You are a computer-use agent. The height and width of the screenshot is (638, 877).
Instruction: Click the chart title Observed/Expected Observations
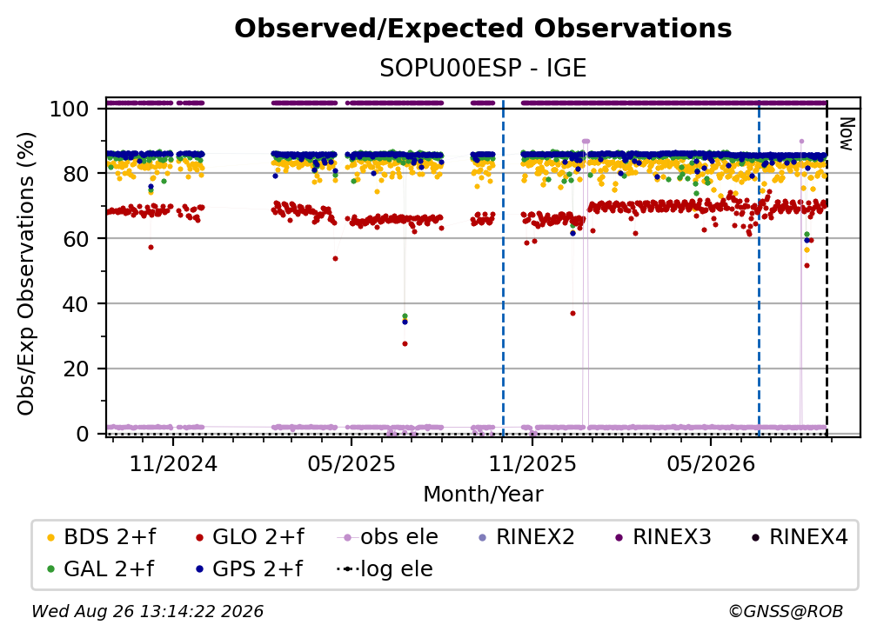coord(483,29)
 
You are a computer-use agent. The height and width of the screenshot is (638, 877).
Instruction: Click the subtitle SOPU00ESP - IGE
coord(483,68)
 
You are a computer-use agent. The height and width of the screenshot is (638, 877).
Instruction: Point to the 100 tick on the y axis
coord(70,109)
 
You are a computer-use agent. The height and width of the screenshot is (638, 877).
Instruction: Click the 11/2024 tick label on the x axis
coord(173,463)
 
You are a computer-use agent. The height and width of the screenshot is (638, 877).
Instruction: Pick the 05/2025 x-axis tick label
coord(351,463)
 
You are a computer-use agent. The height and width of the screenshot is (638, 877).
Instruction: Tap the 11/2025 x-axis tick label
coord(532,463)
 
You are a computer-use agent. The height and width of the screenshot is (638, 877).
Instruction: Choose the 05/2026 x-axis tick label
coord(711,463)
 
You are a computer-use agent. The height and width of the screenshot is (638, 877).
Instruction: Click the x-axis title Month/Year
coord(483,495)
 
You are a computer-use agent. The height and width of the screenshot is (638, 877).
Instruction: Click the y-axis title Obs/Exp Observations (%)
coord(26,274)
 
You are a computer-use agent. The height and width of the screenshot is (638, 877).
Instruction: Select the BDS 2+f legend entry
coord(101,537)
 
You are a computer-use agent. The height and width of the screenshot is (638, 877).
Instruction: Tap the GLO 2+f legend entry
coord(250,537)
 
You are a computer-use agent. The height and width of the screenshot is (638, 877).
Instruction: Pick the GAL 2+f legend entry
coord(100,569)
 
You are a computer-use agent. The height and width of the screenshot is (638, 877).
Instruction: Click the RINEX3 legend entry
coord(663,537)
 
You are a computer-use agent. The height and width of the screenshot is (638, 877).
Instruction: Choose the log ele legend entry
coord(385,569)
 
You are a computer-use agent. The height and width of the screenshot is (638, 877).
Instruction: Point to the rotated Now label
coord(847,134)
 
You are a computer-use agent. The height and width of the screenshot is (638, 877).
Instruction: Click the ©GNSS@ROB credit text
coord(786,611)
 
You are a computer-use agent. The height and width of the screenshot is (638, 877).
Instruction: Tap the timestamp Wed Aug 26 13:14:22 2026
coord(147,611)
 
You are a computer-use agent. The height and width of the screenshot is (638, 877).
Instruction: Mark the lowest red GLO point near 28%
coord(405,344)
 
